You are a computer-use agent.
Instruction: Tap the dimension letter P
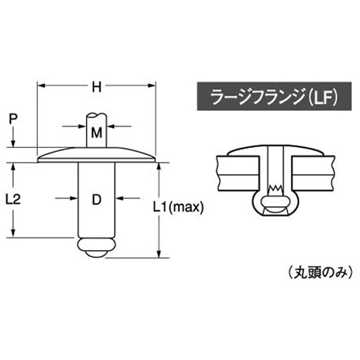[14, 119]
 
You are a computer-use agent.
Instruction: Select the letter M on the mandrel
[96, 132]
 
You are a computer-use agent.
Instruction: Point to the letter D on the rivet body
[96, 199]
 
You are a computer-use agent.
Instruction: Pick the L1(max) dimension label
[179, 207]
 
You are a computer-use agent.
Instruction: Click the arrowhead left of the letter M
[81, 127]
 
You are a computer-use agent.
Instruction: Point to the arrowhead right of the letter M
[111, 127]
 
